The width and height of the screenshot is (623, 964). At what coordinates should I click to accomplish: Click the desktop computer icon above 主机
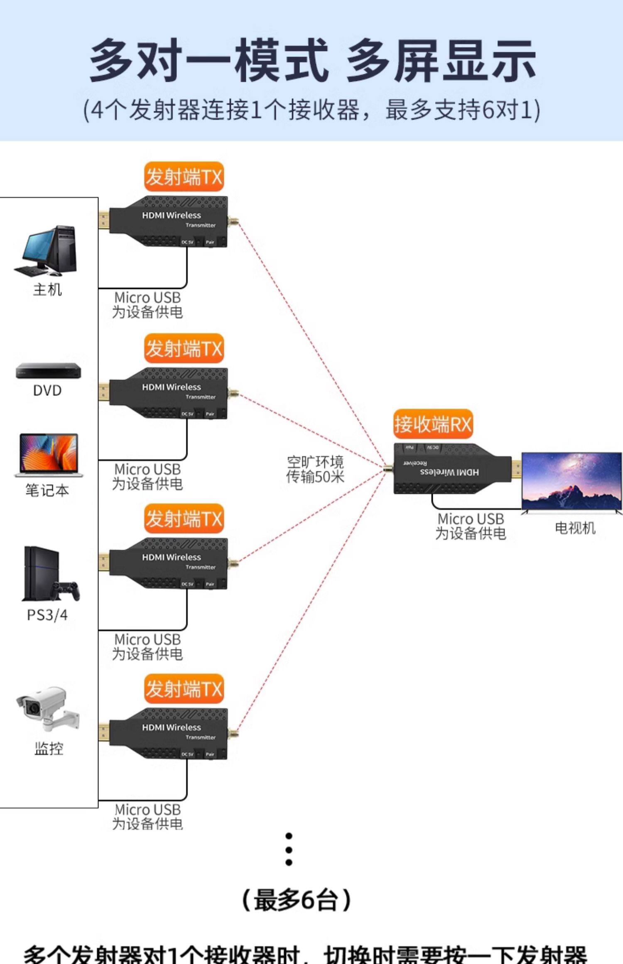(47, 250)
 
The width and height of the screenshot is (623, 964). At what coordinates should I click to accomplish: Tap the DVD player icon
(48, 370)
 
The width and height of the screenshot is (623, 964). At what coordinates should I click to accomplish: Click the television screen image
(572, 482)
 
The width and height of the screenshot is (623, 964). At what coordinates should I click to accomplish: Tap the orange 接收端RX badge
(433, 424)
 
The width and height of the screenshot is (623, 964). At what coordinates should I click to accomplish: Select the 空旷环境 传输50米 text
(315, 469)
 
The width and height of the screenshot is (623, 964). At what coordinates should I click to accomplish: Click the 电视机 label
(575, 528)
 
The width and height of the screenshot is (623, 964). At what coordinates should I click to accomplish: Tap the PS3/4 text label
(47, 615)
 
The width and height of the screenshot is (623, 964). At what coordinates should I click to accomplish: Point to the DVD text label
(47, 390)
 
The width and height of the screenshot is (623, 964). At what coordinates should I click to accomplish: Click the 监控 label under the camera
(49, 749)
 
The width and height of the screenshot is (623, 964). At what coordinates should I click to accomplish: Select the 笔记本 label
(47, 490)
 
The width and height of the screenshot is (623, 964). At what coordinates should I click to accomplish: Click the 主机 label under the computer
(47, 289)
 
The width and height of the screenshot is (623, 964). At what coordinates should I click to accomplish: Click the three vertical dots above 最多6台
(289, 849)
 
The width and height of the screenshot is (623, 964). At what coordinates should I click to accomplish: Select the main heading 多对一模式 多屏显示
(312, 61)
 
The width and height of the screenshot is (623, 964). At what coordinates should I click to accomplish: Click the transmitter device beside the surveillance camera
(168, 734)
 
